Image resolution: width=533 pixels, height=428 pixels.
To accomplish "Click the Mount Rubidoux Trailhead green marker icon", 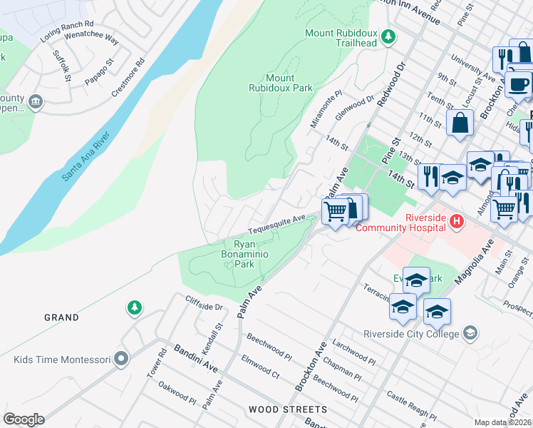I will click(x=388, y=36).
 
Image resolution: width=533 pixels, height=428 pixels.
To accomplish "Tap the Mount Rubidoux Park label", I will click(x=280, y=83).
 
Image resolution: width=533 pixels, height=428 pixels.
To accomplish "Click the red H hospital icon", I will click(x=457, y=223).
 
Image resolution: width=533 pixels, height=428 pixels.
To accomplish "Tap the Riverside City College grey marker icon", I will click(x=470, y=332).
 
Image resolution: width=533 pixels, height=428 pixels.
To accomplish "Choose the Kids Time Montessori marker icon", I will click(x=121, y=359).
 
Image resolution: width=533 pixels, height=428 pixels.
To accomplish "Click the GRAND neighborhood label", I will click(x=61, y=317).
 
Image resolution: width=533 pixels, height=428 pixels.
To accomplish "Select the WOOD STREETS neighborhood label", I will click(x=288, y=410).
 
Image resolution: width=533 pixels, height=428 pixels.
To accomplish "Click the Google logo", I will click(x=24, y=419).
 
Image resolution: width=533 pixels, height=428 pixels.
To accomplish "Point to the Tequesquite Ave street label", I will click(x=276, y=225).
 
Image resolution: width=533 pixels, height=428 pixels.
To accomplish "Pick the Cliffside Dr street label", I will click(x=204, y=303).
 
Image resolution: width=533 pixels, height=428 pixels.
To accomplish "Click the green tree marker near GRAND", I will click(x=134, y=307).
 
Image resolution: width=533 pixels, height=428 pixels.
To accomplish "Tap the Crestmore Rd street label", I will click(x=128, y=78).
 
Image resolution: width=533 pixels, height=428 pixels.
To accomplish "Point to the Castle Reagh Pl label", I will click(x=411, y=405).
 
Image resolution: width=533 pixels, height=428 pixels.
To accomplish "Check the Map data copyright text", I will click(x=502, y=422).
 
